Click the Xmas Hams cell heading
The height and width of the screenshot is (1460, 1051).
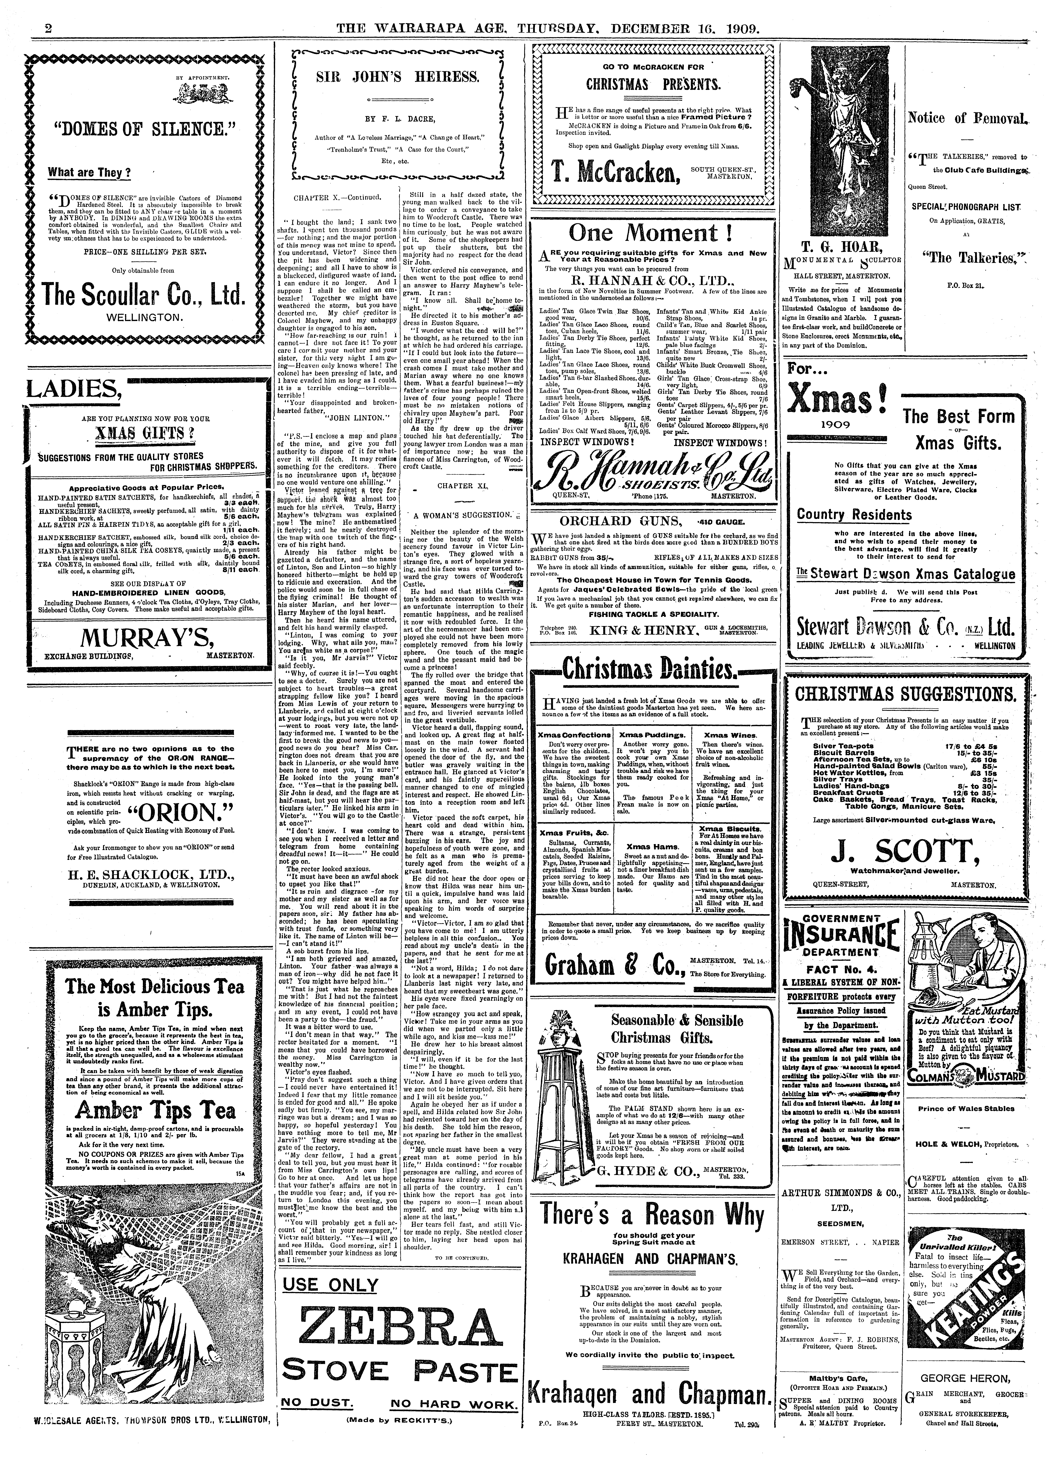coord(652,847)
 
